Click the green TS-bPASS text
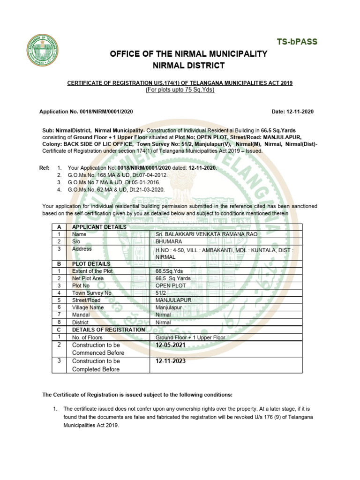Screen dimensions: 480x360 tap(296, 42)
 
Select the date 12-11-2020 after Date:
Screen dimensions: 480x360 tap(299, 112)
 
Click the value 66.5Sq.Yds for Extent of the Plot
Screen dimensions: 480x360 tap(171, 271)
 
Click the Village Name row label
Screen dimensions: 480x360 tap(88, 307)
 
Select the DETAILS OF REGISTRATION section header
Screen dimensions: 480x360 tap(108, 330)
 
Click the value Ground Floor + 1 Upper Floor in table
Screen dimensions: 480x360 tap(190, 337)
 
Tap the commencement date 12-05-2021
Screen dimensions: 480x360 tap(171, 345)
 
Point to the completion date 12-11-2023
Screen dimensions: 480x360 tap(171, 361)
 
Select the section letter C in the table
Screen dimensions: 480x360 tap(59, 330)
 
